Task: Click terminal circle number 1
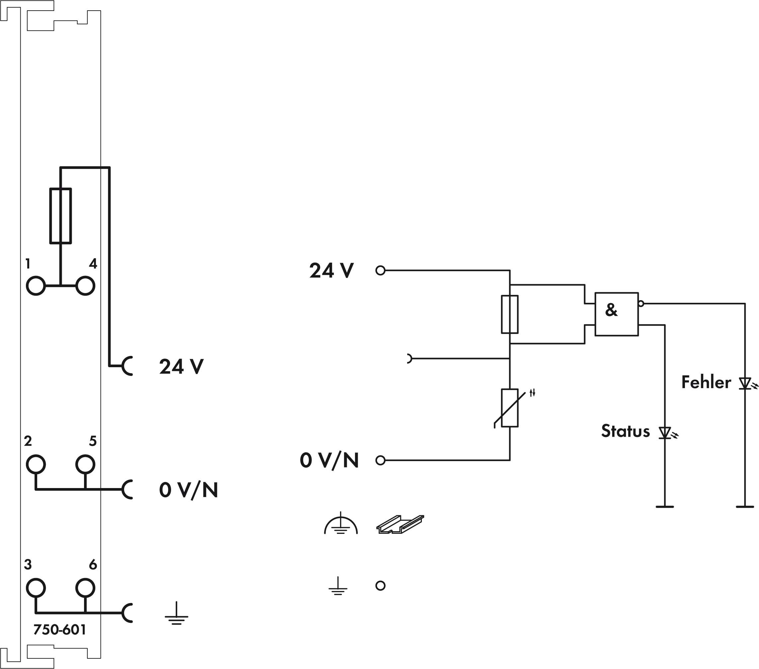36,286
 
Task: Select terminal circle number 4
85,286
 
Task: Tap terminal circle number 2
36,464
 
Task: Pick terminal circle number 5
85,464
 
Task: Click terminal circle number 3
36,588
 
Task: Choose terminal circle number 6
85,588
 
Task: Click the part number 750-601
60,629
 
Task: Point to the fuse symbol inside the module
60,216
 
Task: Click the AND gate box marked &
617,314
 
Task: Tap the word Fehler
706,382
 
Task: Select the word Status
625,431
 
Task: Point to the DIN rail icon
400,524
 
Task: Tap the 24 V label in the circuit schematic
332,271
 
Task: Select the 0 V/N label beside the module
188,490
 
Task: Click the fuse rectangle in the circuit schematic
510,314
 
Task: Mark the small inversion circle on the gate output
641,304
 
